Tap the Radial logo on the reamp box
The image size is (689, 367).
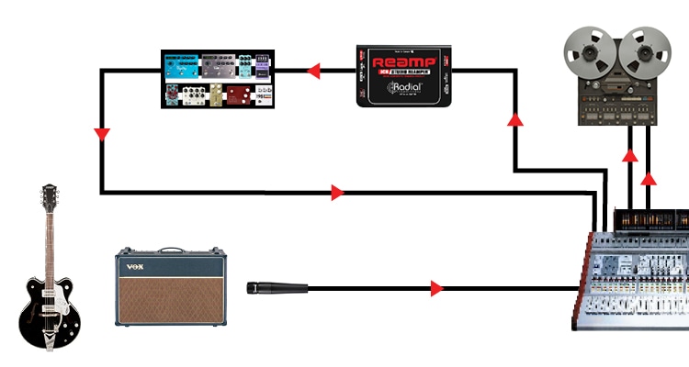405,88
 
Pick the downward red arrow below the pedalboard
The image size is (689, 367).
101,136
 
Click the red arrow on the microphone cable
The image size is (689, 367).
437,289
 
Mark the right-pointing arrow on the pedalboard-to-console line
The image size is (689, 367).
337,193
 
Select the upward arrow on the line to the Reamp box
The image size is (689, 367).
514,119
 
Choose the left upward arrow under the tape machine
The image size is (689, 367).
629,155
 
